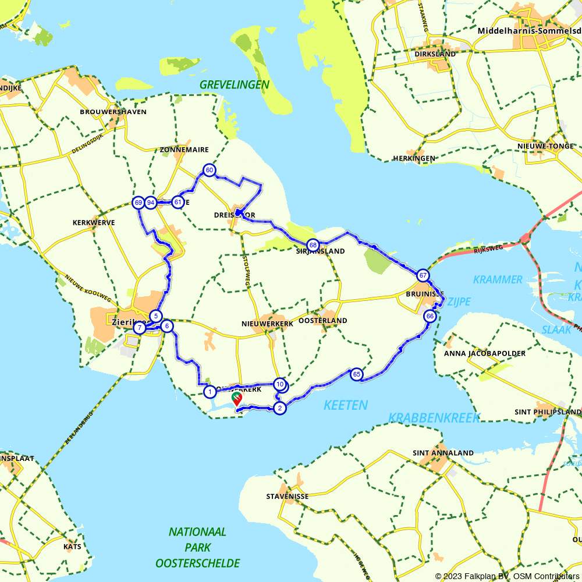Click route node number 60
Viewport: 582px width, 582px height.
tap(209, 170)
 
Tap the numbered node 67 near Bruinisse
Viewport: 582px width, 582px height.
tap(423, 275)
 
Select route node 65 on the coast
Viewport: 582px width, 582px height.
tap(357, 374)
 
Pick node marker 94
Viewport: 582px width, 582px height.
tap(151, 203)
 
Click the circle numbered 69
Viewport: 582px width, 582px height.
tap(138, 203)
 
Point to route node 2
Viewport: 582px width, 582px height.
tap(280, 407)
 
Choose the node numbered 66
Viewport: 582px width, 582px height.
tap(430, 316)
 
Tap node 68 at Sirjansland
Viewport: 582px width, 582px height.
tap(313, 245)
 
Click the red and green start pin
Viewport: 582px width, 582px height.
tap(237, 398)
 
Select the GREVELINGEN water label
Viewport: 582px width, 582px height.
tap(235, 85)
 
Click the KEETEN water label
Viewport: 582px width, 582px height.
tap(346, 405)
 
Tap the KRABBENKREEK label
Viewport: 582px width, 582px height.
tap(434, 417)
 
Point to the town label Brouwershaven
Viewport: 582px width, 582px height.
tap(113, 112)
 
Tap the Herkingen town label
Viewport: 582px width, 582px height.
tap(414, 158)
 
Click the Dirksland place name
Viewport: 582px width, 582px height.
tap(435, 54)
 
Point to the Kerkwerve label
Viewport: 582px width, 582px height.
tap(94, 223)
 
